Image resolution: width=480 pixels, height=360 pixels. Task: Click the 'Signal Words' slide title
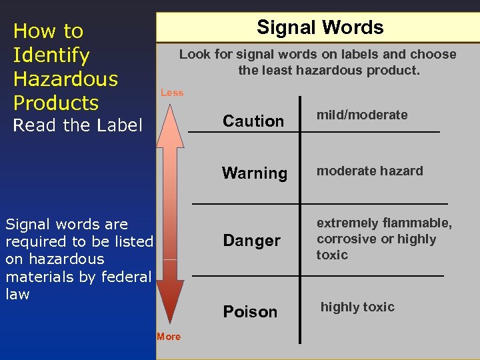tap(320, 27)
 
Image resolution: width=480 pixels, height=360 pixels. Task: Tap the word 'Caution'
tap(253, 121)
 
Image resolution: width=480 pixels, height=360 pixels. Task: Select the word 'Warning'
tap(255, 173)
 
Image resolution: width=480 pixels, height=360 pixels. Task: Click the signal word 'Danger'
tap(252, 240)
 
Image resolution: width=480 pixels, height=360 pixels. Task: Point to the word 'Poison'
tap(250, 311)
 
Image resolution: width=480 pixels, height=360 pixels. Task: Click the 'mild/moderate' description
tap(362, 115)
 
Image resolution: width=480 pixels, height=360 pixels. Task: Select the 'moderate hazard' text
tap(370, 171)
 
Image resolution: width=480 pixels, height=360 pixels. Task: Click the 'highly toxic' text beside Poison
tap(358, 307)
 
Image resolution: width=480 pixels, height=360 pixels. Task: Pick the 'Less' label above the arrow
tap(172, 93)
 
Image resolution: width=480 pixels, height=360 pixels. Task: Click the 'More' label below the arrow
tap(169, 337)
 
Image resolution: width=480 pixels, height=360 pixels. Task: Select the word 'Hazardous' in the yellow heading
tap(65, 79)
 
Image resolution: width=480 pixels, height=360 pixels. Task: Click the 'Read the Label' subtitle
tap(78, 125)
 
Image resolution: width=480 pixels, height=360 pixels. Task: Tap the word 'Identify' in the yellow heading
tap(51, 55)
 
